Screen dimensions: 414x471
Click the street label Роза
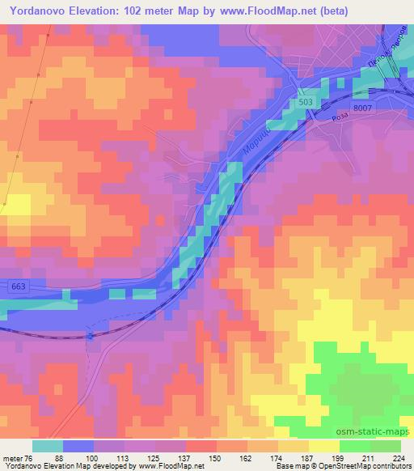tap(319, 117)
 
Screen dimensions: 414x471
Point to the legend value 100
tap(94, 458)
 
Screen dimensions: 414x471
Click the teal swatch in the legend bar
tap(48, 446)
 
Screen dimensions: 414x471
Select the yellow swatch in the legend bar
tap(324, 446)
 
